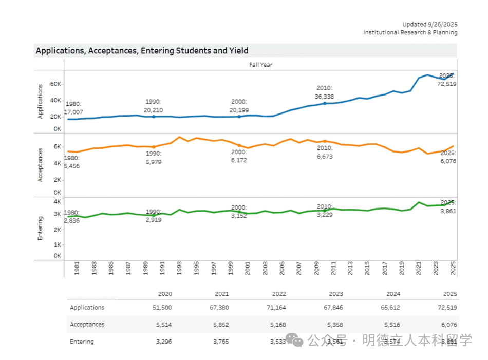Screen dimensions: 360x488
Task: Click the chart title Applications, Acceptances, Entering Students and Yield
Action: [x=142, y=51]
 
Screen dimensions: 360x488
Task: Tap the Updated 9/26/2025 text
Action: [x=429, y=24]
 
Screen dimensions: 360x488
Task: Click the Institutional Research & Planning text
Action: [x=410, y=32]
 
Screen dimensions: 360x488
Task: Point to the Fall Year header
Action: [x=260, y=65]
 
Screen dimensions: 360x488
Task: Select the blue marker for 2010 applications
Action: [x=325, y=103]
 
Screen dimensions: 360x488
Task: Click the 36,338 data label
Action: [x=324, y=97]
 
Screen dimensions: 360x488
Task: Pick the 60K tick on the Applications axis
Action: [x=56, y=84]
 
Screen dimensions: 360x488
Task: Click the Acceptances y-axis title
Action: [x=41, y=165]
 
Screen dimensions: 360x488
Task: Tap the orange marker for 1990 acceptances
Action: [x=154, y=147]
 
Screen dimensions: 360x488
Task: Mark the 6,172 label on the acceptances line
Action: [x=239, y=160]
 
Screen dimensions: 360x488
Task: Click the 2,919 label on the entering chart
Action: [x=154, y=219]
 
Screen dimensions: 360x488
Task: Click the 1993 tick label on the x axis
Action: [x=179, y=269]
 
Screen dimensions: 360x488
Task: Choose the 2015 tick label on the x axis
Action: [x=367, y=269]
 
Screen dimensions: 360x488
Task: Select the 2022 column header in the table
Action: [x=279, y=294]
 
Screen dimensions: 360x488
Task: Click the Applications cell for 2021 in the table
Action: [x=218, y=308]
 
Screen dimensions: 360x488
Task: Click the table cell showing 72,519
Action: [x=446, y=308]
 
